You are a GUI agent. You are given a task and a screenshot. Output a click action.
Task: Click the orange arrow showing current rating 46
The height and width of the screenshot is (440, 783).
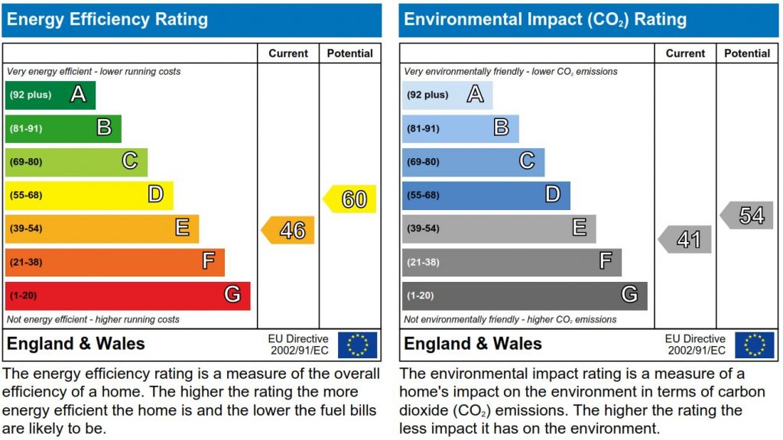(289, 230)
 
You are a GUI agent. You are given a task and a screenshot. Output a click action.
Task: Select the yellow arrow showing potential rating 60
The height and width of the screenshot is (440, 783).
(351, 199)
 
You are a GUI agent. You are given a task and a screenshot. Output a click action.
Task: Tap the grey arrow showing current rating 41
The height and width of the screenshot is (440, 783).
(686, 240)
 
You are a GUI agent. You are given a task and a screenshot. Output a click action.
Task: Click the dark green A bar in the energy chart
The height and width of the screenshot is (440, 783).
(50, 95)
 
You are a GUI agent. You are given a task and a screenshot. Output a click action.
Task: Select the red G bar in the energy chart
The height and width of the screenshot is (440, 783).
(128, 295)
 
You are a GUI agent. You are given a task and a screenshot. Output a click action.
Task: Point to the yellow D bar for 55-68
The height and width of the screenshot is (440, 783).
(89, 195)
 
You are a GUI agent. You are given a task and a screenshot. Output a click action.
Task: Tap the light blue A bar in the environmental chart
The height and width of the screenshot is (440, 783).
(447, 95)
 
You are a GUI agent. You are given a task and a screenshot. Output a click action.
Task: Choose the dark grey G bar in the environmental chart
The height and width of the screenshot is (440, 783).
(525, 295)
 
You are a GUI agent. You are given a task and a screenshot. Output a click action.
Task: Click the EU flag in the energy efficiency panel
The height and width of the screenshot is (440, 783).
(357, 345)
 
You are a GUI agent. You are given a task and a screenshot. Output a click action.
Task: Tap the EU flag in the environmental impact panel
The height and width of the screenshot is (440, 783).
(755, 345)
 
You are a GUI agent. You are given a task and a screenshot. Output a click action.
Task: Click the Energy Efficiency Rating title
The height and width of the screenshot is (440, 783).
(107, 20)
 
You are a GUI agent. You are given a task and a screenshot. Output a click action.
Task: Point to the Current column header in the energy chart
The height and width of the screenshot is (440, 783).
(288, 53)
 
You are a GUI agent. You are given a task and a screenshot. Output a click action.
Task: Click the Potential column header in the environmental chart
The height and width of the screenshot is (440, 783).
(747, 53)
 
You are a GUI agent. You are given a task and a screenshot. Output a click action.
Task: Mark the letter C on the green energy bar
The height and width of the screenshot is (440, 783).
(130, 161)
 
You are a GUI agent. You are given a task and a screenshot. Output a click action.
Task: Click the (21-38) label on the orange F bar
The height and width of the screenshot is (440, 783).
(25, 262)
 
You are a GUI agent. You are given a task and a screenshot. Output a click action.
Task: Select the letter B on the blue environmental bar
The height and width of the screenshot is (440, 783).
(501, 128)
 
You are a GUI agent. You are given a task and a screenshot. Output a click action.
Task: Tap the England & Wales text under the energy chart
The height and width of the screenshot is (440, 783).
(76, 344)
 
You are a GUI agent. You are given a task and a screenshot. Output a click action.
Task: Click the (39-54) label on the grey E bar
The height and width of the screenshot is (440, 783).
(423, 228)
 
